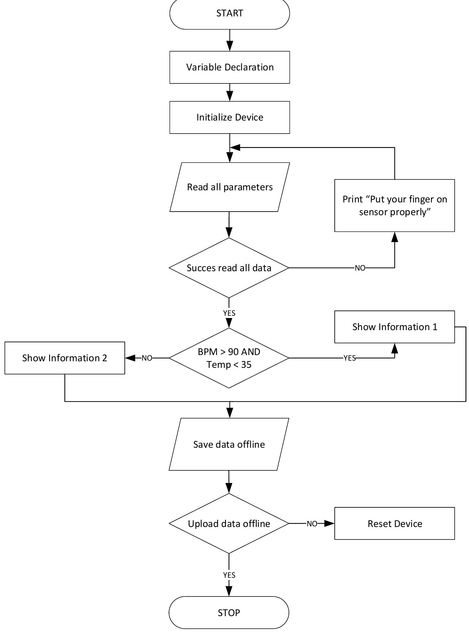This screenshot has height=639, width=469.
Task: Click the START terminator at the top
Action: (230, 13)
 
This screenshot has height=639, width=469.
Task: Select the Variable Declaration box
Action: (230, 67)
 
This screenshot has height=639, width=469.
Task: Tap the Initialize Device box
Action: (230, 117)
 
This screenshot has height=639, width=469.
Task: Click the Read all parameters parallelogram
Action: (230, 187)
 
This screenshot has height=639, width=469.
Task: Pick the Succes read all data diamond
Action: (229, 268)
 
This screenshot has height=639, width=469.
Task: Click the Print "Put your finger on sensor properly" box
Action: (394, 205)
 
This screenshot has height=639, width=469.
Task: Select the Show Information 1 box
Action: (394, 327)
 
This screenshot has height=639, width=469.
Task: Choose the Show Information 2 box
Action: (65, 358)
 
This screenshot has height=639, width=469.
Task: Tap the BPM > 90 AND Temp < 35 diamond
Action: (229, 358)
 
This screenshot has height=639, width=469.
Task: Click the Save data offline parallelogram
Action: (229, 444)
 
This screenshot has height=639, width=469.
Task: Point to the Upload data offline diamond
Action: (229, 523)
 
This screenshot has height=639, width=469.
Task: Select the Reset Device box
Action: (394, 523)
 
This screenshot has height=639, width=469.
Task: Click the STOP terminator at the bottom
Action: (229, 612)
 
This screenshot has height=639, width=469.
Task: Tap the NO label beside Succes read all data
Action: (360, 268)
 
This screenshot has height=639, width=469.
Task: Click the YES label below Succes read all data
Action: (229, 313)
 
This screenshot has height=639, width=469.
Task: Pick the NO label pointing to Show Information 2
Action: (147, 358)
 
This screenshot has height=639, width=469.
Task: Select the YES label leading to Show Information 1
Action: (349, 358)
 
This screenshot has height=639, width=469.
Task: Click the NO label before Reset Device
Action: (312, 524)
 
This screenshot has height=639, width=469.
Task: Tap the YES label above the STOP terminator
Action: (229, 575)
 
